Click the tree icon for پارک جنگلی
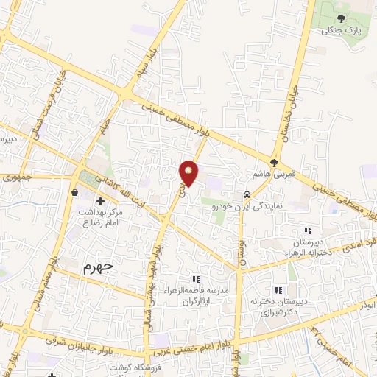340,18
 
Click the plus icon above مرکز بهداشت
100,200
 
